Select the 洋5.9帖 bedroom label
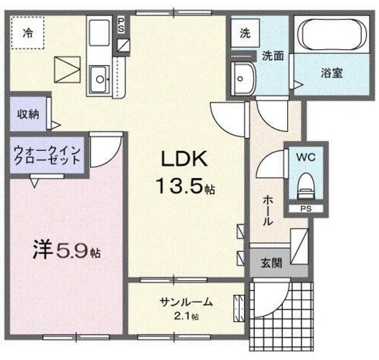pyautogui.click(x=66, y=252)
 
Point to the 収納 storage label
pyautogui.click(x=27, y=114)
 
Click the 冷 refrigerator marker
pyautogui.click(x=27, y=34)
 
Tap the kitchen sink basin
pyautogui.click(x=99, y=77)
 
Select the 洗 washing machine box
pyautogui.click(x=245, y=34)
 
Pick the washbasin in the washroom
pyautogui.click(x=243, y=77)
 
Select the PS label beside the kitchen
pyautogui.click(x=121, y=25)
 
